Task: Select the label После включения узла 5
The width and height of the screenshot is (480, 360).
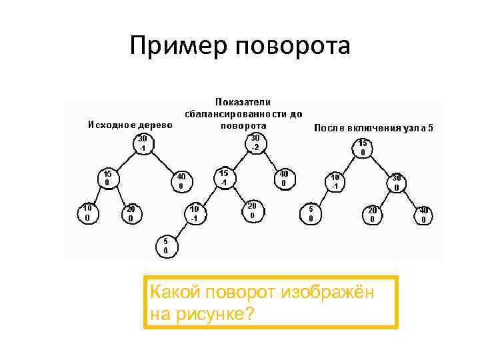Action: tap(373, 127)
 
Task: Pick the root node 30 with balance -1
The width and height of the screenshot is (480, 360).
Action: tap(142, 143)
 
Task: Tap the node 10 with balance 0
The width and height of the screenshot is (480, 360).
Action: tap(87, 213)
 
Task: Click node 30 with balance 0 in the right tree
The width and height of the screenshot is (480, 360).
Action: tap(397, 183)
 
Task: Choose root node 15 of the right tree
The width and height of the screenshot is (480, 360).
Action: tap(363, 147)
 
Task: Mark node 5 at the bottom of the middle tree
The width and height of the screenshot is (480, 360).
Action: tap(166, 245)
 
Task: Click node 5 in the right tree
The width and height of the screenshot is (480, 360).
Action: tap(311, 213)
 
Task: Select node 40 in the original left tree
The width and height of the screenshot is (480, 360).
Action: tap(181, 181)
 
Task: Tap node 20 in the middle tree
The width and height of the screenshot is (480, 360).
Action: tap(252, 211)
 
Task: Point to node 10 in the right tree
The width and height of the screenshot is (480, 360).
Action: tap(335, 181)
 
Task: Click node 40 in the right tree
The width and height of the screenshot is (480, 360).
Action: tap(423, 215)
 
